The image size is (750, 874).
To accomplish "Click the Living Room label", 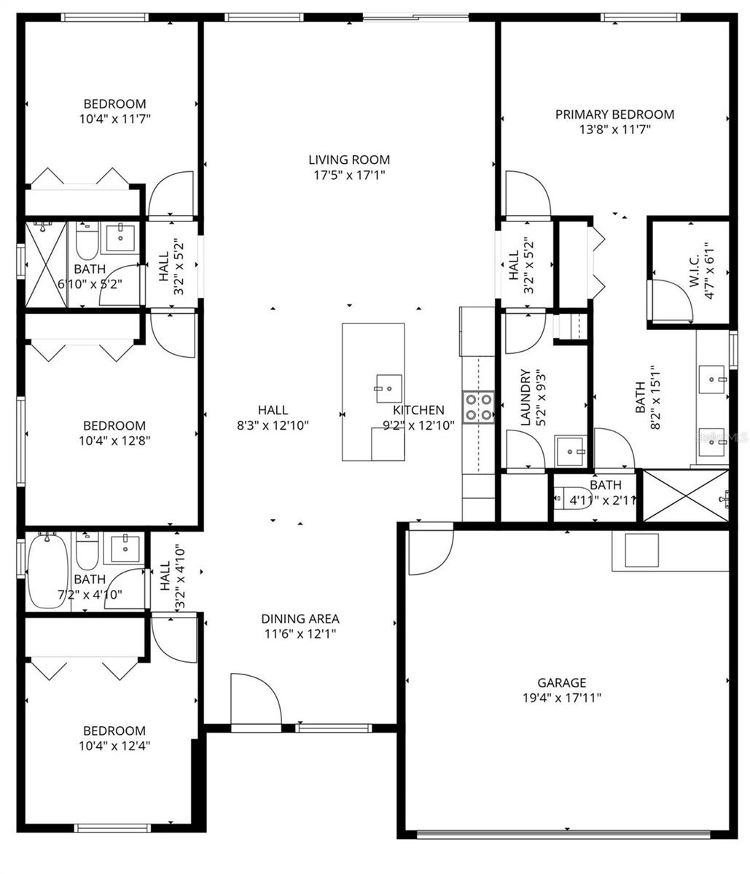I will [348, 160].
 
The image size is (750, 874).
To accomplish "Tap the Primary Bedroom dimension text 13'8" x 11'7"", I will [614, 130].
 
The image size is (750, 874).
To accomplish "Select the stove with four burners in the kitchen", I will [478, 407].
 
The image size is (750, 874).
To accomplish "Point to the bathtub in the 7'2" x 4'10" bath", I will [48, 572].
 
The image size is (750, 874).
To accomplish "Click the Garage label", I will [561, 682].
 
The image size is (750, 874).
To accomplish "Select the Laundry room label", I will [525, 398].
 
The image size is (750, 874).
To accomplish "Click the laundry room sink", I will [570, 452].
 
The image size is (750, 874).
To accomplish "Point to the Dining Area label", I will [300, 618].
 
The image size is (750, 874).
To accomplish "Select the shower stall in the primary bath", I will [685, 496].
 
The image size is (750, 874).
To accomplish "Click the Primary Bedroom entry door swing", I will [525, 194].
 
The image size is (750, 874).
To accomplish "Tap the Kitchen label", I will [419, 410].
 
